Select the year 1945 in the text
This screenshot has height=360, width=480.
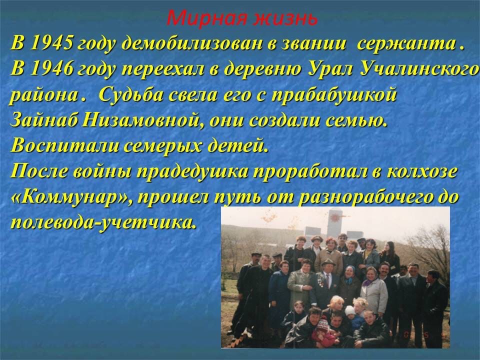(x=51, y=43)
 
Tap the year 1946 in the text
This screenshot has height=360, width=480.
(x=51, y=69)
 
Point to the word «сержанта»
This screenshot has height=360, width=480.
(x=406, y=44)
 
